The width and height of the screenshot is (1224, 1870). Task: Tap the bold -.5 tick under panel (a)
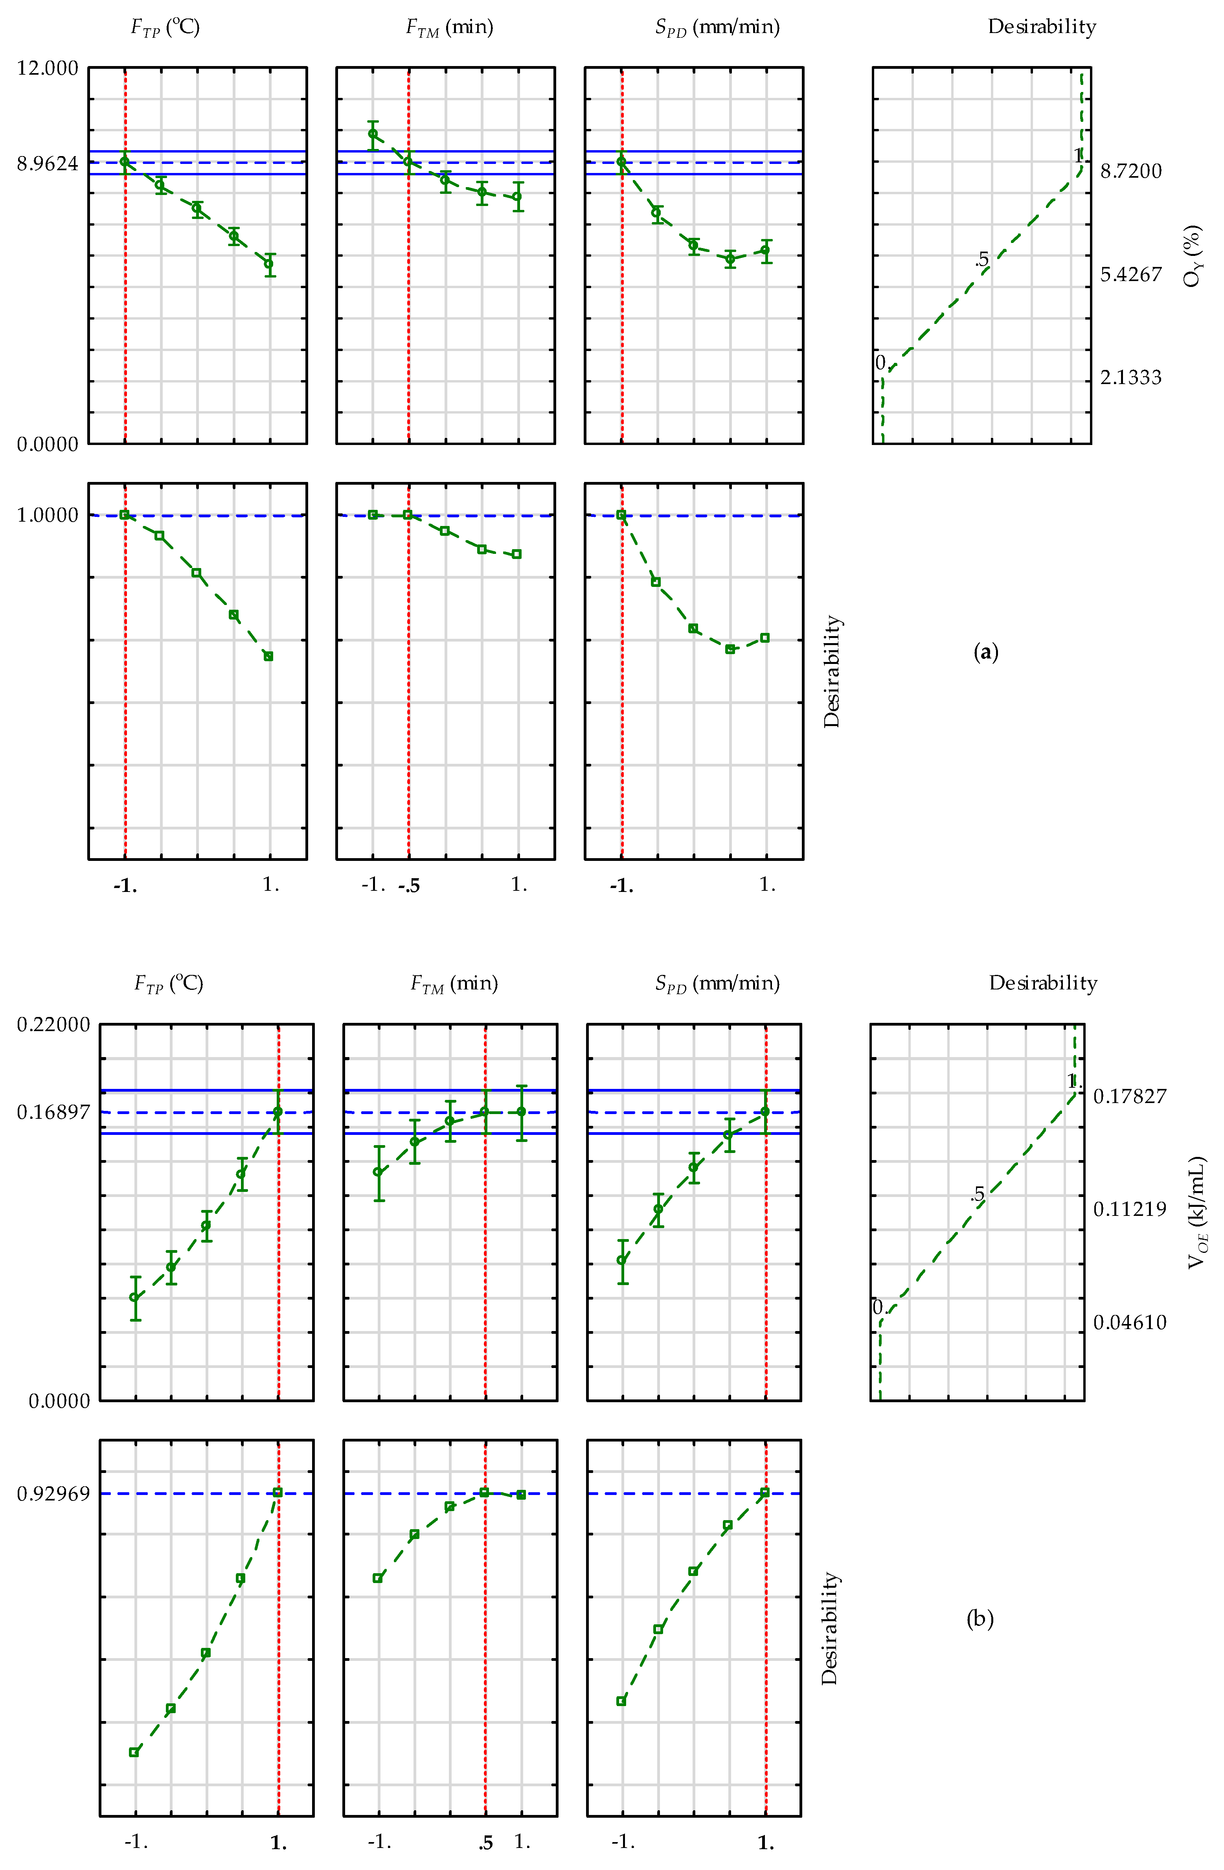[408, 886]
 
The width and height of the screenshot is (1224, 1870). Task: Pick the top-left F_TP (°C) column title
[165, 28]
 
